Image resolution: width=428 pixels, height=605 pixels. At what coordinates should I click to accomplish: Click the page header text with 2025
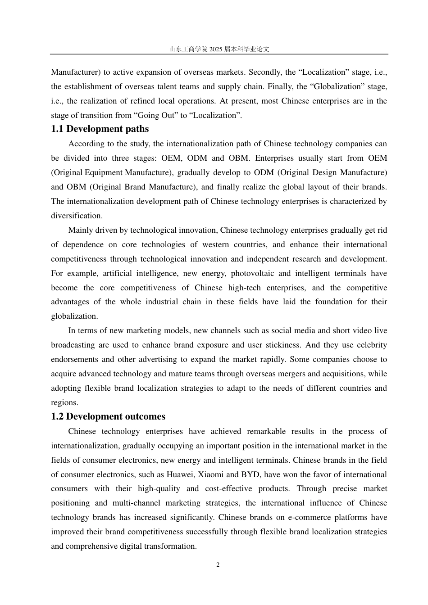click(219, 49)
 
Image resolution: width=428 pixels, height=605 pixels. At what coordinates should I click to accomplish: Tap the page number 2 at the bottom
click(218, 565)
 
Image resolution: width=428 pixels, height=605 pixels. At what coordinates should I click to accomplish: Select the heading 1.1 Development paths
click(100, 129)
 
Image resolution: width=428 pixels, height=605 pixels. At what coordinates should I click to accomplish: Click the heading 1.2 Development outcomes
click(108, 417)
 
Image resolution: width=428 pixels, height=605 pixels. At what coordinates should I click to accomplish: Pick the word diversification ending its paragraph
click(76, 216)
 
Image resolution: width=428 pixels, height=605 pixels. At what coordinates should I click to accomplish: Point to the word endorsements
click(74, 360)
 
